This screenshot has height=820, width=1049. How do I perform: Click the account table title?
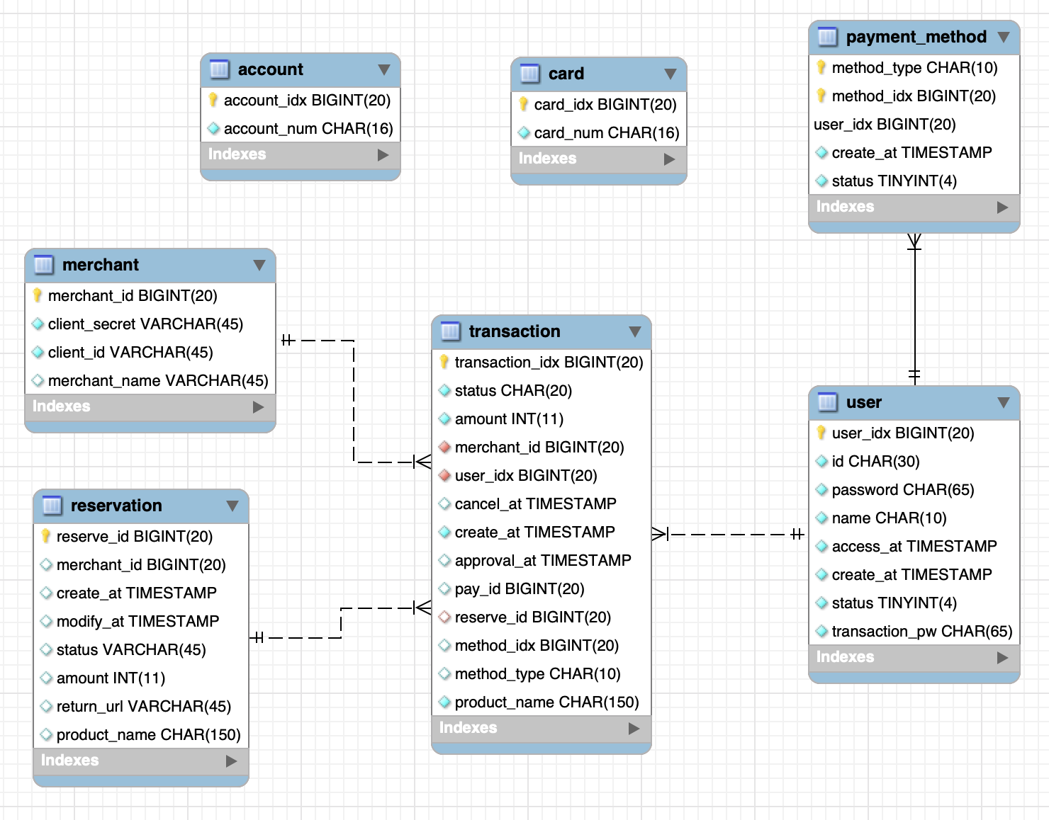pos(270,69)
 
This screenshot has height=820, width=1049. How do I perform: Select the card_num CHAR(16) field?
pos(606,132)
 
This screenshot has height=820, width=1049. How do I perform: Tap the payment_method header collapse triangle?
pos(1004,37)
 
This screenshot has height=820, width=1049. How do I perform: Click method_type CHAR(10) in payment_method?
pos(914,67)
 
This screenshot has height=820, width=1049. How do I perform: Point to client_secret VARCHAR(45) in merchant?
pos(145,324)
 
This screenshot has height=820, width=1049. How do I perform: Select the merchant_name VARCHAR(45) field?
pos(158,381)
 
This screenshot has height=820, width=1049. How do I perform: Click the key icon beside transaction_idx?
pos(444,362)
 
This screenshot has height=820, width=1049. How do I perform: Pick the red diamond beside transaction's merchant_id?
pos(444,447)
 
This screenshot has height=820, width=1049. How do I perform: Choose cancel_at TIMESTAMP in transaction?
pos(535,503)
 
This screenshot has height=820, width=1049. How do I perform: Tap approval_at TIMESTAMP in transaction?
pos(543,561)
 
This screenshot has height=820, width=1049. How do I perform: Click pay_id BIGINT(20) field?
pos(520,589)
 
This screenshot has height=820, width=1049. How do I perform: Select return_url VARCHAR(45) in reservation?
pos(144,707)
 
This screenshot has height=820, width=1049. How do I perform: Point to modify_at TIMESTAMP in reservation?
pos(138,622)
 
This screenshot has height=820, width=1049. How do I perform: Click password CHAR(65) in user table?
pos(903,490)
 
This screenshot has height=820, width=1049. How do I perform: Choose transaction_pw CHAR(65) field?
pos(922,632)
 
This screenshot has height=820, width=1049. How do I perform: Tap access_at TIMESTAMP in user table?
pos(914,546)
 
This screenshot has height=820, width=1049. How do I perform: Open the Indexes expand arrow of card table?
pos(669,159)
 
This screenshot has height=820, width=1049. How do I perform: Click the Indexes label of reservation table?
pos(69,761)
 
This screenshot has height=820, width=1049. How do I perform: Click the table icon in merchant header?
pos(43,265)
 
